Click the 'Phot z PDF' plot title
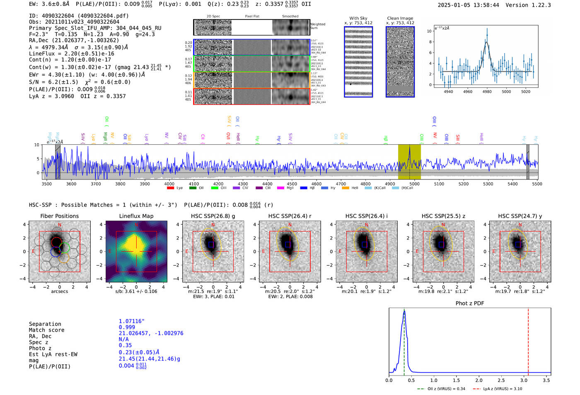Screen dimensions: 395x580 (x=470, y=303)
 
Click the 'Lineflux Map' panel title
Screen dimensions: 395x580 (x=136, y=216)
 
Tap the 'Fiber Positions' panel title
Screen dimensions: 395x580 (x=59, y=216)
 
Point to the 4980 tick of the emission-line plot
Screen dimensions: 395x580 (x=487, y=92)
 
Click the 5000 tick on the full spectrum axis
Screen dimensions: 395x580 (x=414, y=184)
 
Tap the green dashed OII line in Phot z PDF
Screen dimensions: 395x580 (x=404, y=352)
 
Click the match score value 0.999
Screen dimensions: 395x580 (x=127, y=327)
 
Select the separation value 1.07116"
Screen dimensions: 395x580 (x=131, y=321)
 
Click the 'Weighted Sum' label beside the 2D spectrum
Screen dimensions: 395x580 (x=318, y=26)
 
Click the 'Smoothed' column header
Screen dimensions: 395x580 (x=290, y=17)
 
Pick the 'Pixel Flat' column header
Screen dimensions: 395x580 (x=252, y=17)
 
